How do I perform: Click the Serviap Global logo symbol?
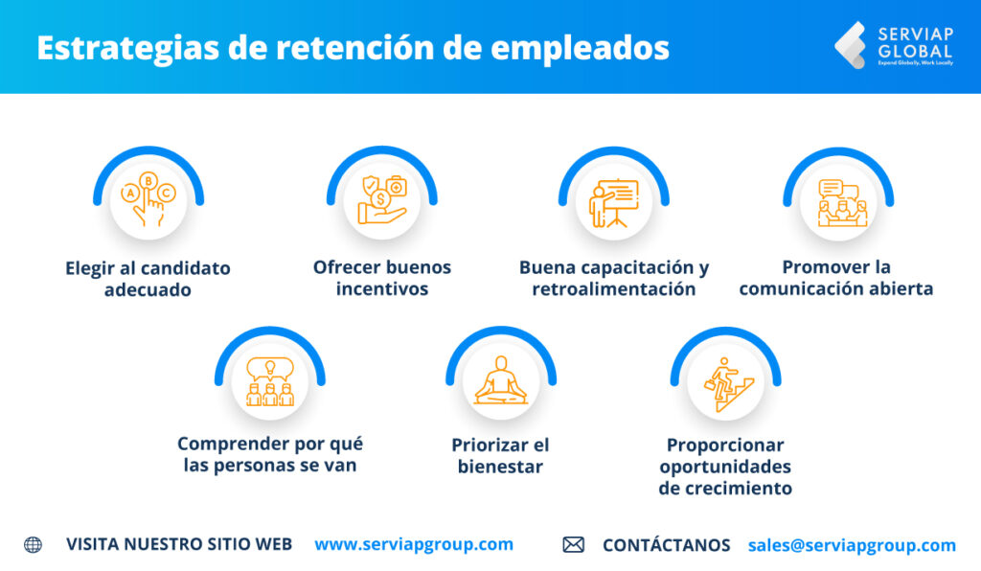click(x=850, y=45)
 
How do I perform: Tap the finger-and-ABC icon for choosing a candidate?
click(x=148, y=199)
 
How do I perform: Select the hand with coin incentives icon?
click(x=381, y=199)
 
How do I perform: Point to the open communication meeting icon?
click(x=838, y=201)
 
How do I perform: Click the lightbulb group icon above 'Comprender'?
click(x=269, y=381)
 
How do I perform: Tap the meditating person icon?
click(x=500, y=381)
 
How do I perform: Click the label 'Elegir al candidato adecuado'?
click(x=148, y=278)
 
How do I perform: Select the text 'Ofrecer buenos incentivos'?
click(x=381, y=277)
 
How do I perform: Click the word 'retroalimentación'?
click(x=613, y=289)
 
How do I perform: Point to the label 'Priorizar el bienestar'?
click(x=499, y=456)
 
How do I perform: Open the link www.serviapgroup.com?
click(x=414, y=544)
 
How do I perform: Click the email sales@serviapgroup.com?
click(x=852, y=545)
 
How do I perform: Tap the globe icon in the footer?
click(x=34, y=544)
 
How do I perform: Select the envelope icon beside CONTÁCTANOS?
click(x=573, y=544)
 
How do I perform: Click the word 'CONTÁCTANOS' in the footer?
click(x=666, y=545)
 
